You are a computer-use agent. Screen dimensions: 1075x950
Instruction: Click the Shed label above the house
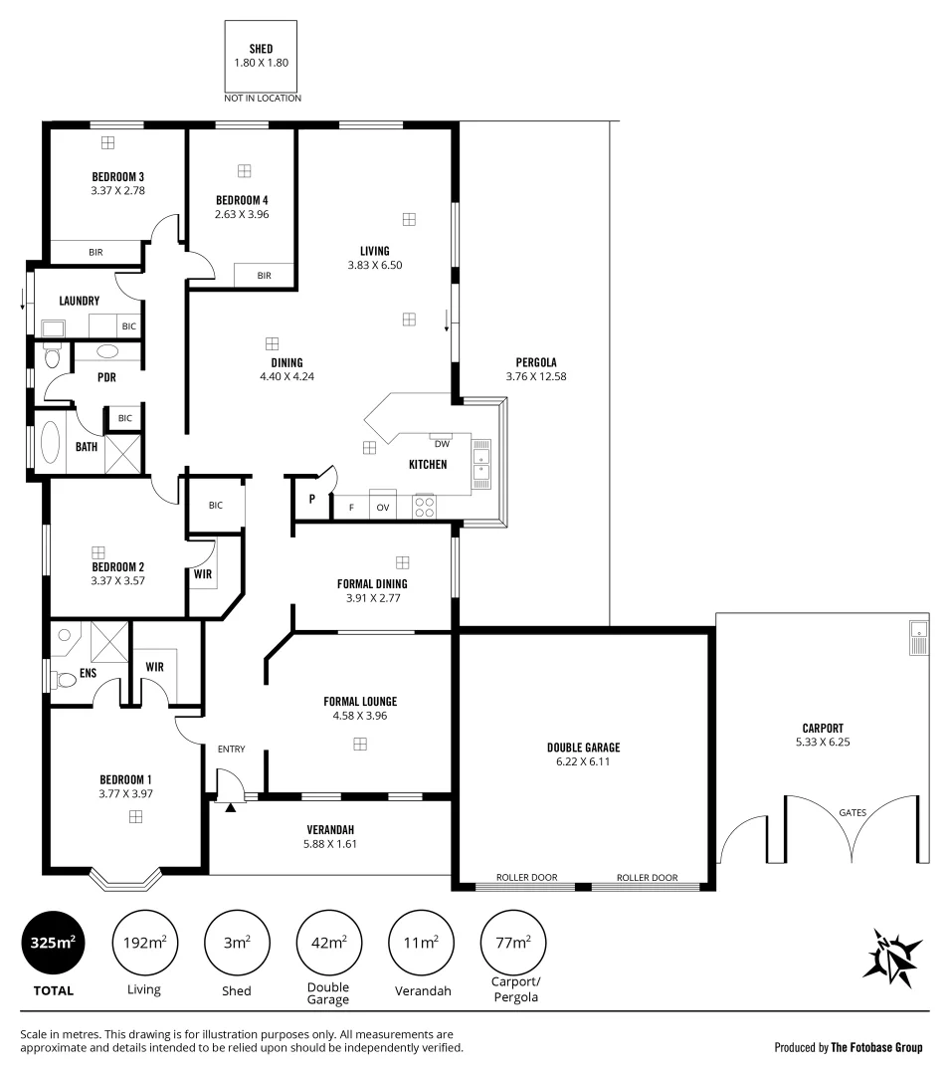[262, 49]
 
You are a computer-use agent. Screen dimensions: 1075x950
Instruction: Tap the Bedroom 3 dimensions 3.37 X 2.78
[117, 190]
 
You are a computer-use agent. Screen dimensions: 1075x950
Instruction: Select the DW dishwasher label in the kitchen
[442, 444]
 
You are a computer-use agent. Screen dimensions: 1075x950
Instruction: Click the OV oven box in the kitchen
[382, 507]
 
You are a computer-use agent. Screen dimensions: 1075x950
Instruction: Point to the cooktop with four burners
[425, 506]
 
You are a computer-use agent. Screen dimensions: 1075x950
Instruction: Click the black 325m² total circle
[54, 943]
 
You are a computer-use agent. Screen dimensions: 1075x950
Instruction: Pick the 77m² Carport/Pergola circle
[513, 942]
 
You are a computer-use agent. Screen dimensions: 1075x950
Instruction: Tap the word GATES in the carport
[853, 812]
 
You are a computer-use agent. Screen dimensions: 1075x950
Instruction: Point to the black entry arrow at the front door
[231, 807]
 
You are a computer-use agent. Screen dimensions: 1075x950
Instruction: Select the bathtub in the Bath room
[51, 444]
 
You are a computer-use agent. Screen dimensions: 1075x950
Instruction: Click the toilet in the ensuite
[66, 681]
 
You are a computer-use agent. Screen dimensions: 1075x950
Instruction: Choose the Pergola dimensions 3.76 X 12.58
[535, 377]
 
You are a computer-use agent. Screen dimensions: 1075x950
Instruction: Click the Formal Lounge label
[359, 701]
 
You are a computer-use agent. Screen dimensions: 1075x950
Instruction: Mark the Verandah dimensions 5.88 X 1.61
[329, 843]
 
